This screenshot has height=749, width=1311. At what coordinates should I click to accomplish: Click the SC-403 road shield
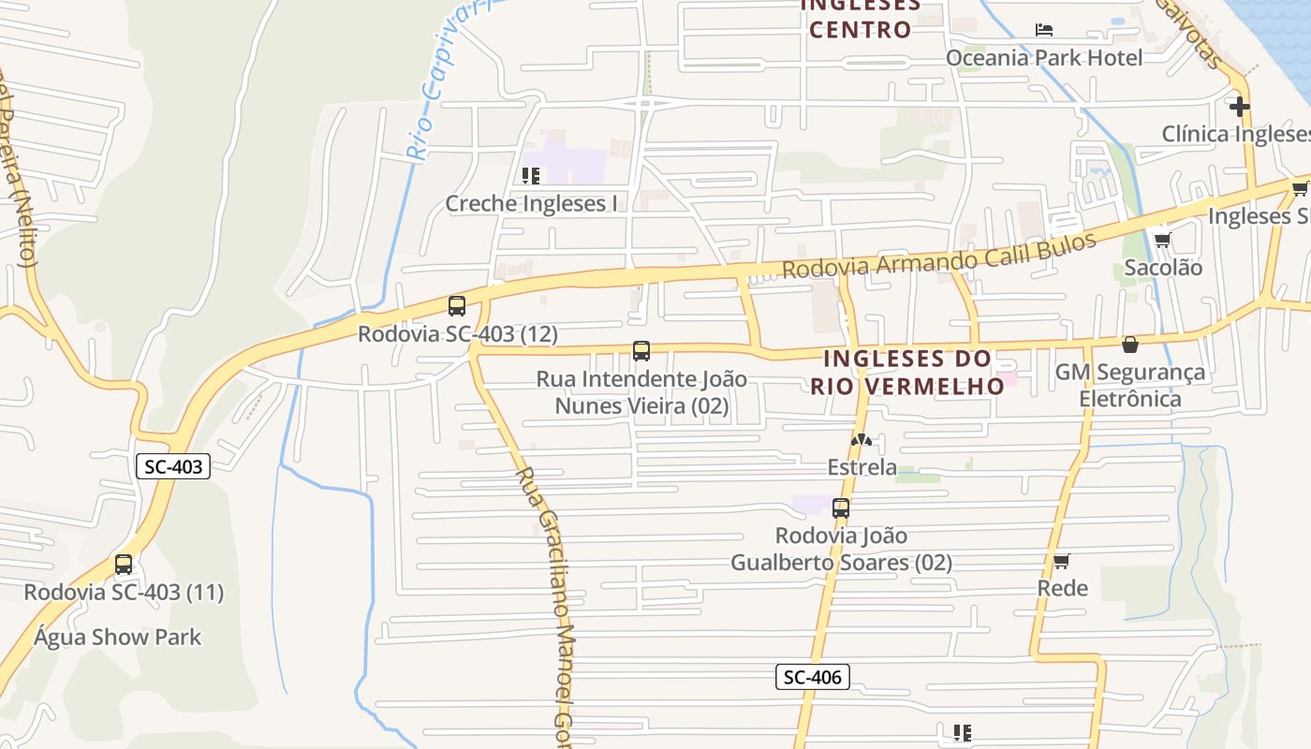[173, 466]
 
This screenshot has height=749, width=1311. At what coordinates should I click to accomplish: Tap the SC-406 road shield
[812, 677]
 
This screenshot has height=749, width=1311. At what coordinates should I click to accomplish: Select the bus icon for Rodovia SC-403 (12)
[457, 306]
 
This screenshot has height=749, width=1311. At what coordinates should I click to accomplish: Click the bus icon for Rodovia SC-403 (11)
[123, 565]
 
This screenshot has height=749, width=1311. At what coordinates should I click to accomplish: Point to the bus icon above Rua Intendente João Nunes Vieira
[641, 351]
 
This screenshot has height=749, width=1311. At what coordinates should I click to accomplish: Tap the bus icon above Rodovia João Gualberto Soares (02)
[841, 508]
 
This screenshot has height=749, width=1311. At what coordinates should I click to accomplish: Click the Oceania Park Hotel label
[1043, 58]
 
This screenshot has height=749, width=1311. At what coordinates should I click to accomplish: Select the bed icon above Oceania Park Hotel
[1043, 30]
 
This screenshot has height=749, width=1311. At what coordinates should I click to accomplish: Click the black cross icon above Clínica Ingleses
[1240, 107]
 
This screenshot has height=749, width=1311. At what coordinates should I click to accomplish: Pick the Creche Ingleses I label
[531, 203]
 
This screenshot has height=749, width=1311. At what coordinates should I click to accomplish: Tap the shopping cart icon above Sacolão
[1162, 240]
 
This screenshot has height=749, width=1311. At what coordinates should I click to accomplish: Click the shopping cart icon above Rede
[1061, 561]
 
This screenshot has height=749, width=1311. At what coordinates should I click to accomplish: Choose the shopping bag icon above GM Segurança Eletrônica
[1130, 345]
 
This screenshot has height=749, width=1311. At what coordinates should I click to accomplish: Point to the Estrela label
[862, 466]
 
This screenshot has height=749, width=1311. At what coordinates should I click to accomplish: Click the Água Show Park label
[117, 638]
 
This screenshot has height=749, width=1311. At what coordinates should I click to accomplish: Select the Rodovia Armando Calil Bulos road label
[938, 256]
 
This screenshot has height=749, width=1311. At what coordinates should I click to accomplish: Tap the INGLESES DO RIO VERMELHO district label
[906, 372]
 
